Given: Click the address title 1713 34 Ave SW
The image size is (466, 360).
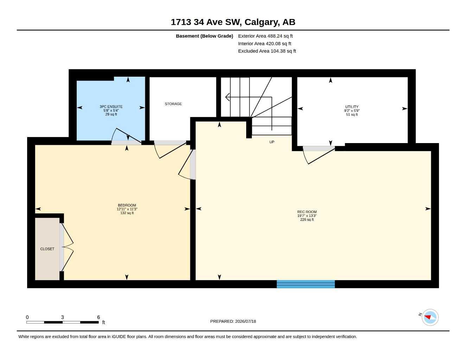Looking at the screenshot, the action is (206, 22).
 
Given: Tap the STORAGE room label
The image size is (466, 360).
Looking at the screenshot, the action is (173, 104).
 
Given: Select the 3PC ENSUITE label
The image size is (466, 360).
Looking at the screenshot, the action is (111, 107).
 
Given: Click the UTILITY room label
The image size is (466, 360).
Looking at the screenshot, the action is (352, 107).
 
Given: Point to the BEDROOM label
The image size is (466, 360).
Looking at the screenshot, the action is (127, 205).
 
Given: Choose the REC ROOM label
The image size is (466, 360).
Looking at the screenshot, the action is (307, 212).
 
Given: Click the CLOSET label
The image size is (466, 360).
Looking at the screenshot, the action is (47, 249).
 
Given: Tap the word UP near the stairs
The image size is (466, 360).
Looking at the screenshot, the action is (272, 142).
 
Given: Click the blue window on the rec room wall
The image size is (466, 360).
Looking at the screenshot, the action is (306, 284).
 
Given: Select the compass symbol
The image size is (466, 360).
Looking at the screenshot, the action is (430, 317).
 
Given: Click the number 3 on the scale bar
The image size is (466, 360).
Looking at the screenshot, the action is (62, 317).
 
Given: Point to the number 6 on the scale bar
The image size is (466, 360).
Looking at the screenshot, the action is (98, 317).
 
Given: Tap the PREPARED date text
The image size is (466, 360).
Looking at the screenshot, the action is (233, 321).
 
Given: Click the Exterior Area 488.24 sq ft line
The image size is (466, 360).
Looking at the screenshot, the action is (265, 36).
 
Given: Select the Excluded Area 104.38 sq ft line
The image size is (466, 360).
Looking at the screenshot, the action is (267, 51).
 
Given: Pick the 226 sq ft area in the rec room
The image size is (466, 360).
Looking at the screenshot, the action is (307, 220).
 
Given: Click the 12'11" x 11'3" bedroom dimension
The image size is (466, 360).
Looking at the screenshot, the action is (127, 209).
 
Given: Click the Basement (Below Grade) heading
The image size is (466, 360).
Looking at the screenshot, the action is (204, 36).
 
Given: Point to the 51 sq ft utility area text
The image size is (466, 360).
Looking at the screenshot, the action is (352, 114).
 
